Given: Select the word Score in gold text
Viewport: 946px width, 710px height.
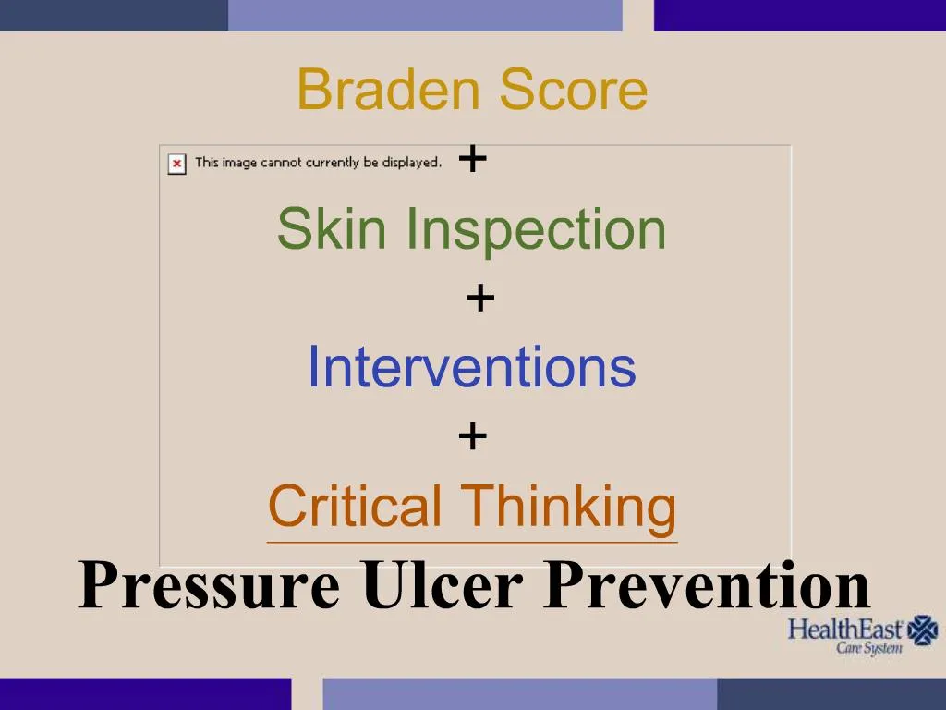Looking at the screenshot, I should pos(573,90).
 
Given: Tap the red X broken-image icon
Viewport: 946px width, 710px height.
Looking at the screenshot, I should pos(176,164).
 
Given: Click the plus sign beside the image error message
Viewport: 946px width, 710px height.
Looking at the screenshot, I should pos(472,160).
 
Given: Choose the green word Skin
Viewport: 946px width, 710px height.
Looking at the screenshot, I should pos(329,228).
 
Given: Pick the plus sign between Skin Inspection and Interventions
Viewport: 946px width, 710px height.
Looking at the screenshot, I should pos(479,299).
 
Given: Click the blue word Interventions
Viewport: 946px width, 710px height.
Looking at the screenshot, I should pos(471,366).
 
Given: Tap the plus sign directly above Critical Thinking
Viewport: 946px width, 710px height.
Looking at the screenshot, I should pos(472,435).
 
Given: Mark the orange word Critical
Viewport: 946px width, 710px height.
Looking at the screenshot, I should pos(355,506).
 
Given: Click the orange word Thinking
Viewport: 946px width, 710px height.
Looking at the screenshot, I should pos(569,506).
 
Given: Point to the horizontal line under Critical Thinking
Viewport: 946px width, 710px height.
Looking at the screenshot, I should pos(471,542).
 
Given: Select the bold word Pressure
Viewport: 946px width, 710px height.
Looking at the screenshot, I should pos(209,586).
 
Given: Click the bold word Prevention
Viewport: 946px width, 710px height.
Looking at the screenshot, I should pos(707,586).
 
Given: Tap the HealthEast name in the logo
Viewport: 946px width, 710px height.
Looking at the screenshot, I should pos(844,630).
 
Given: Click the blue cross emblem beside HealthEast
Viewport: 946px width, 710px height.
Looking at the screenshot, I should pos(922,630).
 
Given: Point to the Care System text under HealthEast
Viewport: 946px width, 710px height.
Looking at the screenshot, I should pos(869,649).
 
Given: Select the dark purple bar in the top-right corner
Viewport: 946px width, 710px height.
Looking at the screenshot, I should pos(799,15).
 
